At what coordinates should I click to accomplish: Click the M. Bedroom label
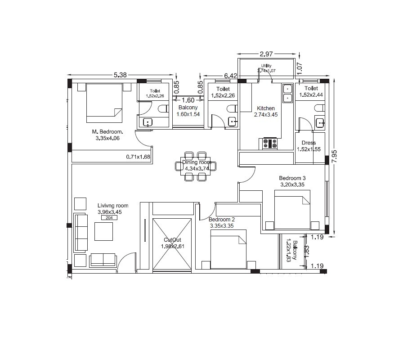tap(107, 131)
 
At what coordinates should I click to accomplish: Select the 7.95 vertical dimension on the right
tap(333, 156)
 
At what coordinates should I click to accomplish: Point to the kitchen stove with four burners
tap(269, 144)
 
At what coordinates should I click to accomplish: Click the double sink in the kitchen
tap(287, 93)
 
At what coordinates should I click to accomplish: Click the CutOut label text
tap(172, 240)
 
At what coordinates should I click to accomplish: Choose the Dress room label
tap(309, 143)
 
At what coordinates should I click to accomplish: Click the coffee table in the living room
tap(104, 232)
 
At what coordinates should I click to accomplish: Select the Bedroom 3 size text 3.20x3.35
tap(293, 184)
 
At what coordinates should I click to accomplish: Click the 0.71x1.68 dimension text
tap(138, 157)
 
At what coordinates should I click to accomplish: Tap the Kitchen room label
tap(265, 108)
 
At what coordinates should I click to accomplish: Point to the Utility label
tap(266, 66)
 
